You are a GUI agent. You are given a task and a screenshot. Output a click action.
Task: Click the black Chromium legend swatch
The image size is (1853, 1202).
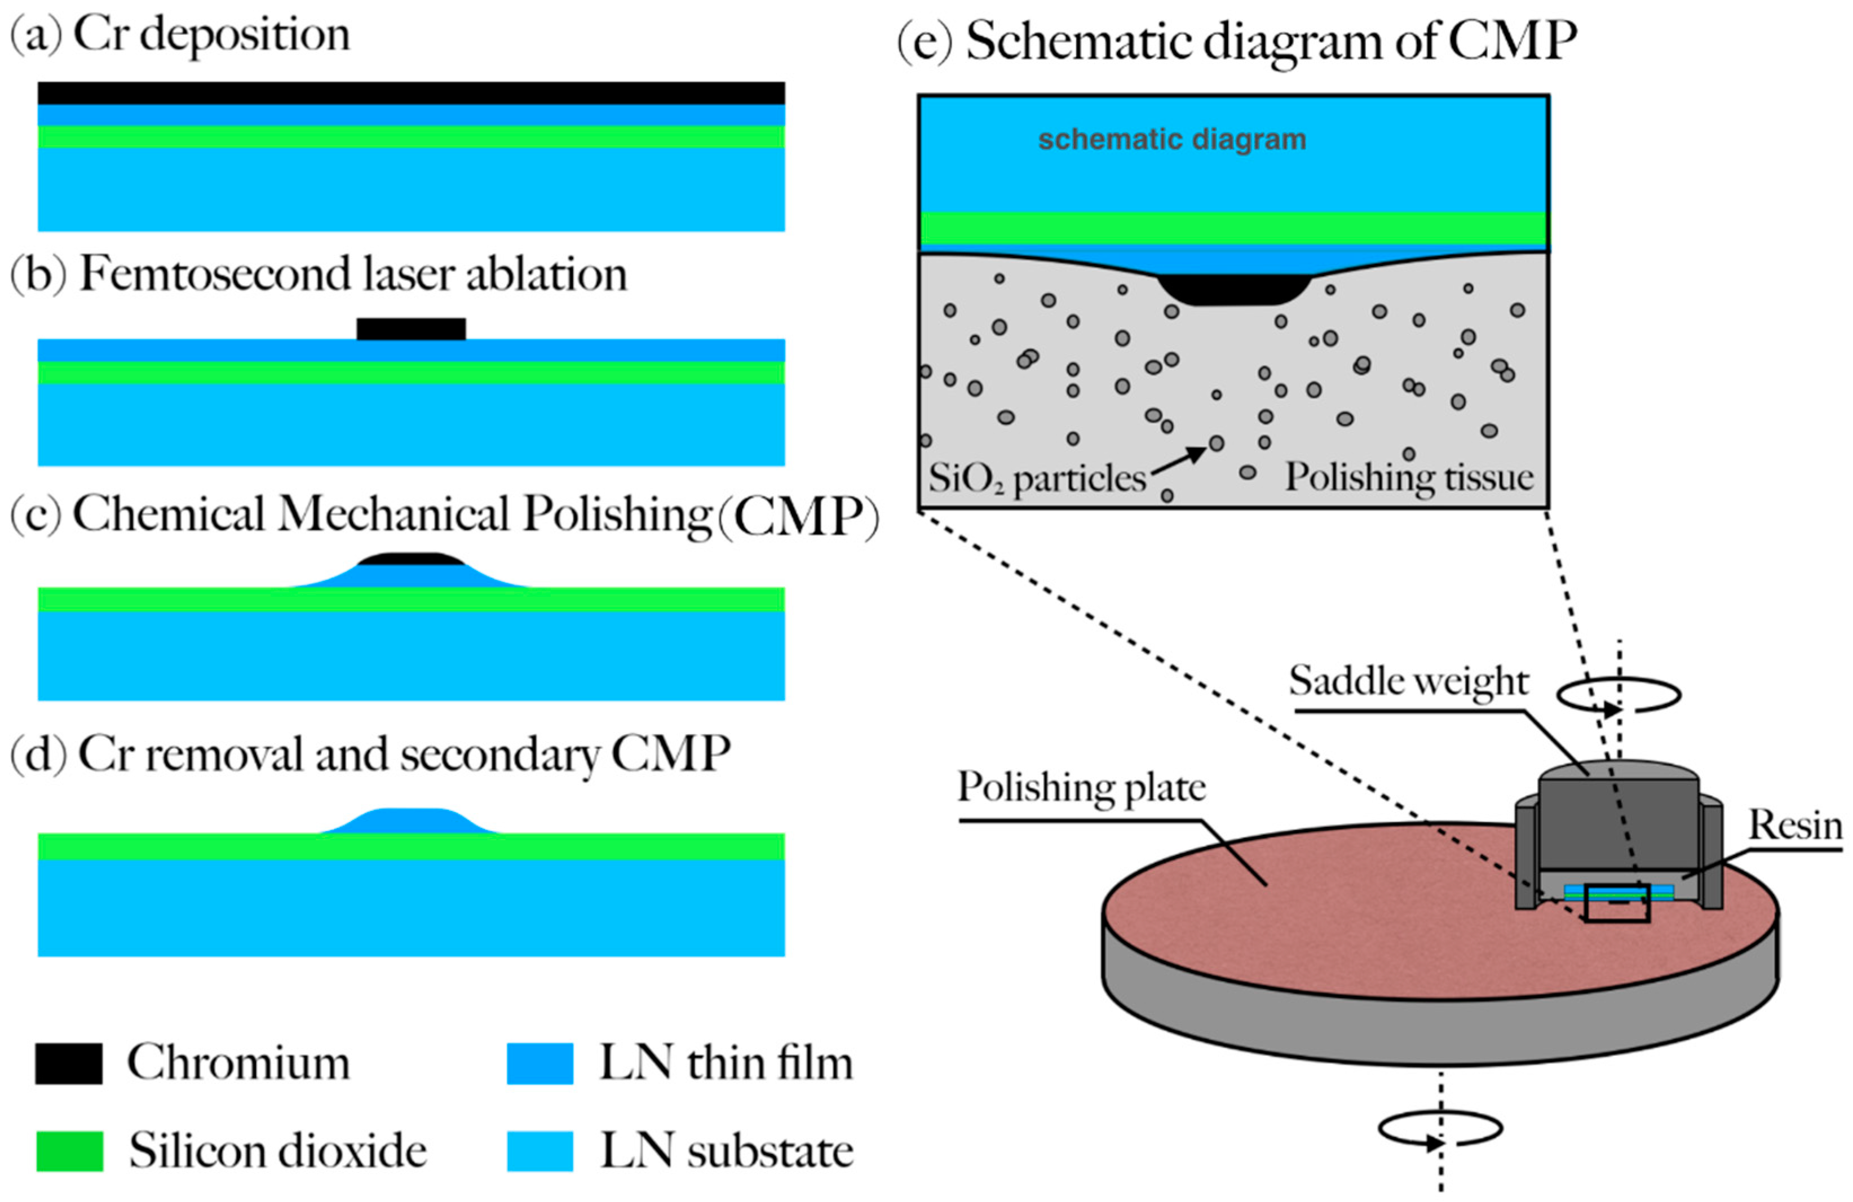click(x=69, y=1063)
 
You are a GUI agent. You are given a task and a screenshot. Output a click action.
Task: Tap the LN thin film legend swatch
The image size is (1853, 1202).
click(x=539, y=1063)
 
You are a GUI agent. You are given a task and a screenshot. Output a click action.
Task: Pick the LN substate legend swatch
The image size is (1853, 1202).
click(x=539, y=1151)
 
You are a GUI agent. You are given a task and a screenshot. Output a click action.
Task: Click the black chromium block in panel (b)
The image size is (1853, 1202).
click(x=411, y=329)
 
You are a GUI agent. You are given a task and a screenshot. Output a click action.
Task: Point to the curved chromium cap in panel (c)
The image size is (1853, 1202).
click(x=411, y=559)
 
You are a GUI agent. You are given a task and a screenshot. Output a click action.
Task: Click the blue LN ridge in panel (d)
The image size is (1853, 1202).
click(x=411, y=821)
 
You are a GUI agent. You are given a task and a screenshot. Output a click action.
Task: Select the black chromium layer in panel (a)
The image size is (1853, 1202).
click(x=411, y=92)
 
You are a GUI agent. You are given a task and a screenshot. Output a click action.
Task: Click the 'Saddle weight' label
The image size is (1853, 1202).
click(x=1408, y=681)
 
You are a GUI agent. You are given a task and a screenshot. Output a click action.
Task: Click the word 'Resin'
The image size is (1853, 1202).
click(x=1794, y=825)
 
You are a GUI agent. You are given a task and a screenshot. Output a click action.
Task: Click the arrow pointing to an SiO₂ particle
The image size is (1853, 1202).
click(x=1179, y=459)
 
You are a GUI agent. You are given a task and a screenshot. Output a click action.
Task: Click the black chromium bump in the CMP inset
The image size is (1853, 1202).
click(x=1233, y=288)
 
